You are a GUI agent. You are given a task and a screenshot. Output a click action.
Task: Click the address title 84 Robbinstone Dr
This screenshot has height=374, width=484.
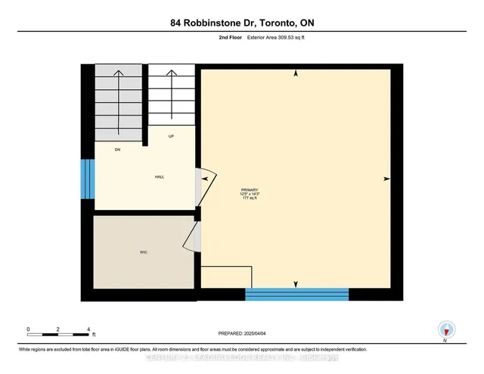242,23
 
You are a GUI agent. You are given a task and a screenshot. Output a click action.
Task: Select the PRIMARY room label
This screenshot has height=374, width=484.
250,190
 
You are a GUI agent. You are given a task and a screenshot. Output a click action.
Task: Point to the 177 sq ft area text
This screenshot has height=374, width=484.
250,199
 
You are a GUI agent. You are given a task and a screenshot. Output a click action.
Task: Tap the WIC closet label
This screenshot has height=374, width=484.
143,251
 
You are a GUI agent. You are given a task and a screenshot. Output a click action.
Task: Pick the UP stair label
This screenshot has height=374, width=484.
172,136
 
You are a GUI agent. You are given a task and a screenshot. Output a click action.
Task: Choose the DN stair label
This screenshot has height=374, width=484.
118,150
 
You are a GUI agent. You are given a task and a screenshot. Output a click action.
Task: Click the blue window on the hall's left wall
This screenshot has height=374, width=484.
87,178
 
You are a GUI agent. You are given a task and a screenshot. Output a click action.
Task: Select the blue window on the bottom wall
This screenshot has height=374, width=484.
297,293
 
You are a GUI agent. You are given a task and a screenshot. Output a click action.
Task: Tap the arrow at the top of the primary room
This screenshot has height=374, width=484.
296,74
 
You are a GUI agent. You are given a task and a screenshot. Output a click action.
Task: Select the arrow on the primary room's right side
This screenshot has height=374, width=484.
386,179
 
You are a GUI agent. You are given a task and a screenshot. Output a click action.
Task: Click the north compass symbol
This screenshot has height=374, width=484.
447,329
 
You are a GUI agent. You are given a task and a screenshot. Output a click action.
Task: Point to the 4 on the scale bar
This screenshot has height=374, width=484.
89,330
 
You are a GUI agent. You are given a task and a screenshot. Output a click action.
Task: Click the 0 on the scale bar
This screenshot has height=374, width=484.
28,330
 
